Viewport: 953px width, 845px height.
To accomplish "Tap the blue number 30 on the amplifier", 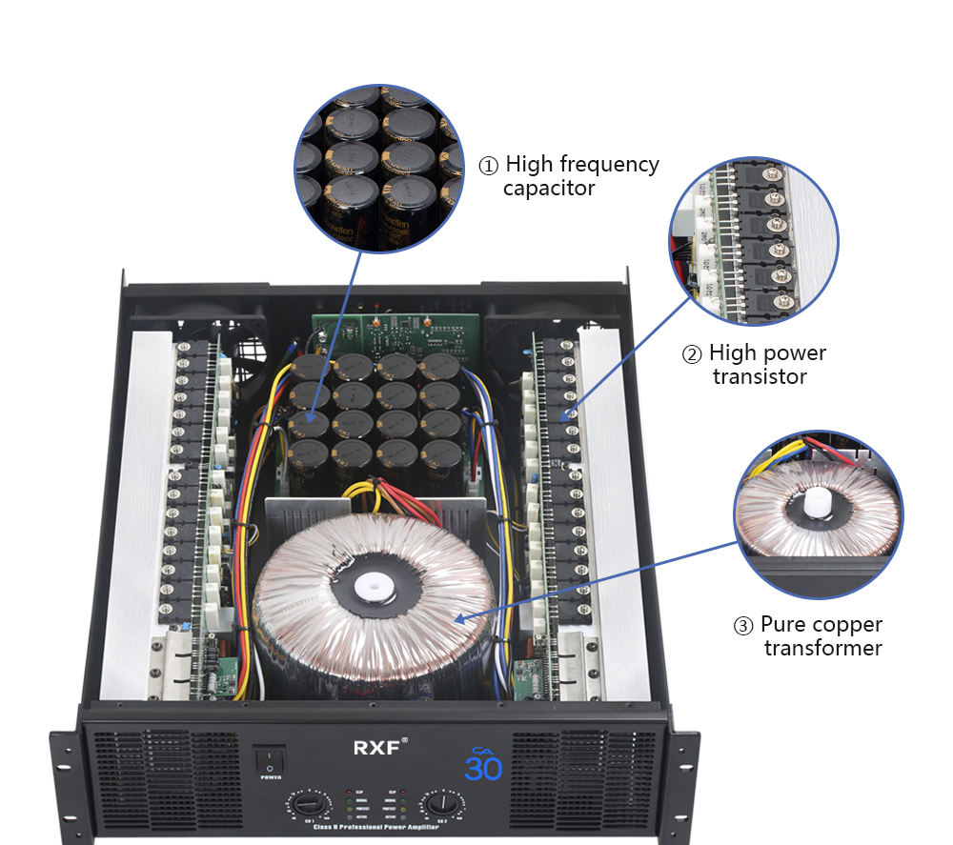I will click(483, 767).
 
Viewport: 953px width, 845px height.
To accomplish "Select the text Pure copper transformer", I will click(821, 636).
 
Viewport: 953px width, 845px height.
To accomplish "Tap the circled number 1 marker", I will click(487, 166).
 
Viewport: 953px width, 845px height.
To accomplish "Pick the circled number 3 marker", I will click(743, 627).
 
